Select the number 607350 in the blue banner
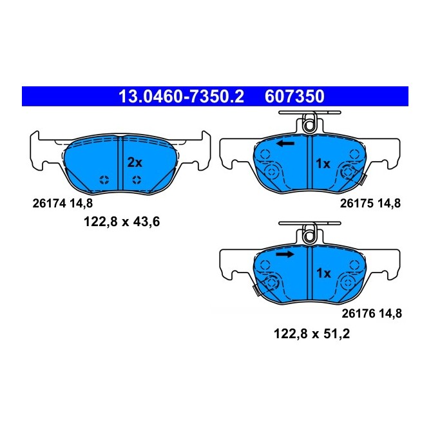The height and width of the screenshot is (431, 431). [294, 97]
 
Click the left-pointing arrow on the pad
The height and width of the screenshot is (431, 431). [285, 143]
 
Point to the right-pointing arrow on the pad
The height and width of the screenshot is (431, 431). [285, 254]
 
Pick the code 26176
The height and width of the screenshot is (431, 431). [354, 314]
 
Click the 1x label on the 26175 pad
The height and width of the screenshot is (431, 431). [322, 164]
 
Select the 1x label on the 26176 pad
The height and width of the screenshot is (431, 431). [322, 274]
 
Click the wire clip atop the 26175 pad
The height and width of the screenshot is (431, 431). [310, 120]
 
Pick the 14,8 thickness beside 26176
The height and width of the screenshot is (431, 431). [388, 314]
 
